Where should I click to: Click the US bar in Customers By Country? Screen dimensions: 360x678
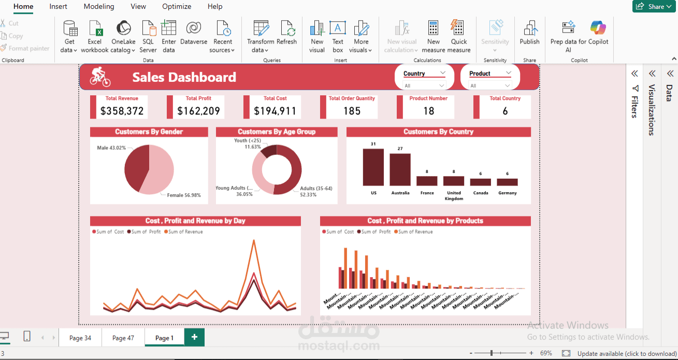coord(373,167)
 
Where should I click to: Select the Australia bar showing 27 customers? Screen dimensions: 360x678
coord(400,169)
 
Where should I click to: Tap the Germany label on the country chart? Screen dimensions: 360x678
coord(507,193)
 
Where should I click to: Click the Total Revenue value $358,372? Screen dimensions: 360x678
coord(122,111)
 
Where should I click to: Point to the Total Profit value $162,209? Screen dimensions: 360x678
coord(198,111)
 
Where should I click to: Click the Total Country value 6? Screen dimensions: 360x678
coord(505,111)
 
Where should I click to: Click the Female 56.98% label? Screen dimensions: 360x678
coord(183,195)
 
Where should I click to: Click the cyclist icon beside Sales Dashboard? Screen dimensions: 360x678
coord(100,77)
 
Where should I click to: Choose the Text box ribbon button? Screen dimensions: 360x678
coord(338,36)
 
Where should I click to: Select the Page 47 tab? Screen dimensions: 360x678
coord(123,338)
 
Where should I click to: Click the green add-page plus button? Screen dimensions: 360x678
coord(194,337)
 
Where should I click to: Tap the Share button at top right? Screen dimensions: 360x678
coord(652,6)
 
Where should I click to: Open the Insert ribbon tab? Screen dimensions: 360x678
coord(59,6)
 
